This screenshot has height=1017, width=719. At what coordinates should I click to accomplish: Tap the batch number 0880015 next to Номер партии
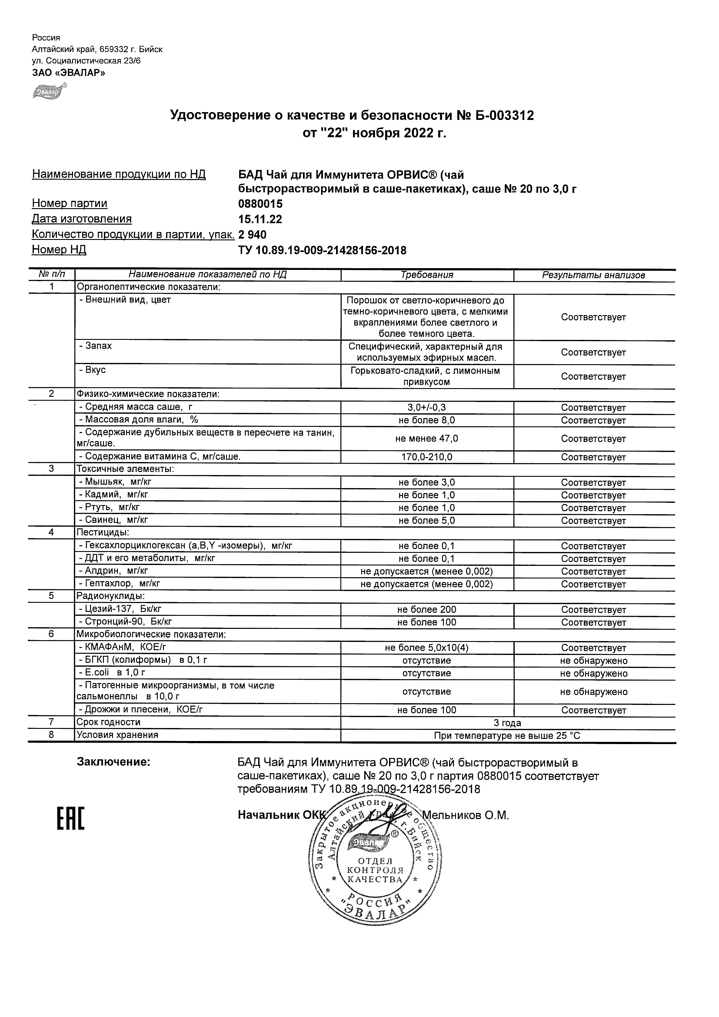(x=260, y=204)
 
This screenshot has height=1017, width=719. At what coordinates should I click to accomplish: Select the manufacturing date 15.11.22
(x=260, y=219)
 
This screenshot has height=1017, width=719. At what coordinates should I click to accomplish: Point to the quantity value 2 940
(x=253, y=234)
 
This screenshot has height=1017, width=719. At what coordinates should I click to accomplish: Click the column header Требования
(x=426, y=275)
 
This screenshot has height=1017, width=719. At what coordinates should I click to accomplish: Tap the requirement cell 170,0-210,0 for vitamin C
(x=426, y=457)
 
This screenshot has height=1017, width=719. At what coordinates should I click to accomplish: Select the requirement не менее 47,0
(x=426, y=439)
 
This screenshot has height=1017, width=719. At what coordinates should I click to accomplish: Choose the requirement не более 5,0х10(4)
(x=426, y=648)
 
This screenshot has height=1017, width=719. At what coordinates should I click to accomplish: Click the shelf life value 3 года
(x=507, y=723)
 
